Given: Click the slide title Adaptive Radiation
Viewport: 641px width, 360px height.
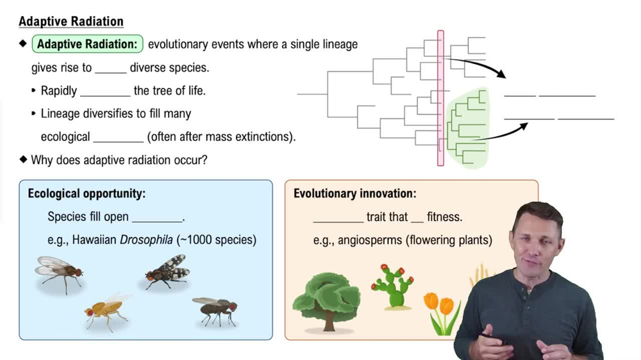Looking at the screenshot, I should pos(71,21).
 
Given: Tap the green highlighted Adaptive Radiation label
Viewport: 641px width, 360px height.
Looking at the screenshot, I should pos(87,44).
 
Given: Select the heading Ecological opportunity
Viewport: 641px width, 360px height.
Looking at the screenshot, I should pos(87,193).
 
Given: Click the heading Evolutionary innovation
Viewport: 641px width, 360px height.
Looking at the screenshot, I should pos(354,193).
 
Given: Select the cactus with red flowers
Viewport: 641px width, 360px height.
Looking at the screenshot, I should pos(392,286).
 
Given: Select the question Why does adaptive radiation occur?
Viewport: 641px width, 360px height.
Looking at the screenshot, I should pos(119,160).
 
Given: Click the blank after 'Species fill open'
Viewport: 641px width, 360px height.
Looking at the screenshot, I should pos(157,217).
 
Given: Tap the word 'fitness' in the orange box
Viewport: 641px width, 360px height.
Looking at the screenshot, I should pos(444,217).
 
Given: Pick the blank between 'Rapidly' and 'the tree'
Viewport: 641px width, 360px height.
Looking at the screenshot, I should pos(105,91).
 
